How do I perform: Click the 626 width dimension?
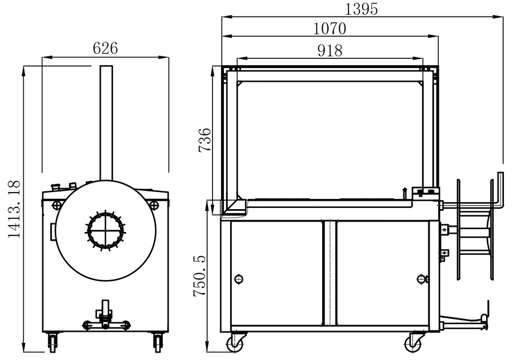(105, 49)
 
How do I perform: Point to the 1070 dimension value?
(330, 28)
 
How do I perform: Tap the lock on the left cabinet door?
(239, 279)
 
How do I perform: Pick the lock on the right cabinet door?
(421, 279)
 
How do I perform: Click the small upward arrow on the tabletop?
(404, 191)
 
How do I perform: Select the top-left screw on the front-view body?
(56, 205)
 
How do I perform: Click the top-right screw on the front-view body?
(154, 205)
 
